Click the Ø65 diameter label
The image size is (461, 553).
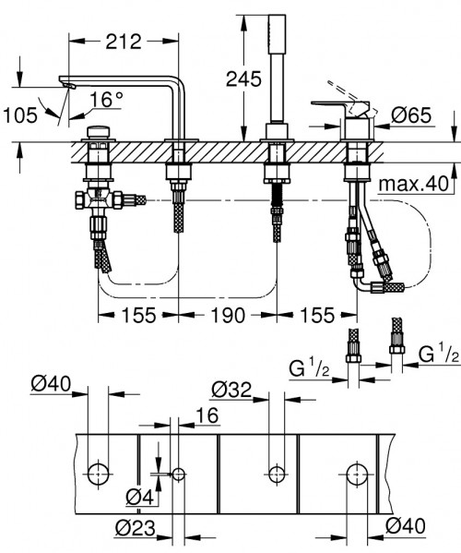coord(412,116)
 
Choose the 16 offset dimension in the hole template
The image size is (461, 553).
coord(207,418)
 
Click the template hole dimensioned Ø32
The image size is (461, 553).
coord(273,475)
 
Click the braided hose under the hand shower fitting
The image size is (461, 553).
coord(274,225)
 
